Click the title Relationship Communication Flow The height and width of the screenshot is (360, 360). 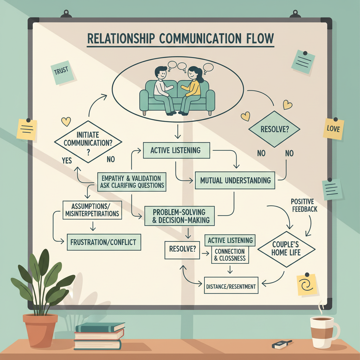tap(180, 39)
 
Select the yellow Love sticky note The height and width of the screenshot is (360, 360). tap(333, 129)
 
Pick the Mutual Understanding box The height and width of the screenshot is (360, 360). tap(236, 180)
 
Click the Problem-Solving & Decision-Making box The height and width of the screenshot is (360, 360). tap(179, 216)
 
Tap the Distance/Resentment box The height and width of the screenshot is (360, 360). tap(231, 287)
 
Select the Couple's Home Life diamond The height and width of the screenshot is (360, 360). tap(286, 249)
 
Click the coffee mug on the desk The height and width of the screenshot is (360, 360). tap(323, 332)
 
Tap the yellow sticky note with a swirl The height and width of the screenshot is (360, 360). tap(306, 284)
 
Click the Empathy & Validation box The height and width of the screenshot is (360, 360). tap(131, 181)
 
